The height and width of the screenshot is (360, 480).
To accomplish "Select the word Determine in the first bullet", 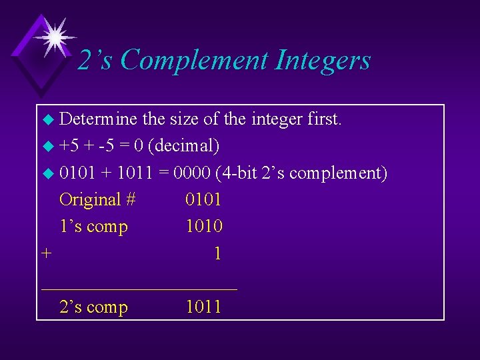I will [99, 119].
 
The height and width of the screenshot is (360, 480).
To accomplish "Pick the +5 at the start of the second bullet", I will [69, 146].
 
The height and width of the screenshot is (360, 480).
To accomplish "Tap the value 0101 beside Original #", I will [203, 199].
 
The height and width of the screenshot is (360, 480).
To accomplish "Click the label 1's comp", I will [93, 227].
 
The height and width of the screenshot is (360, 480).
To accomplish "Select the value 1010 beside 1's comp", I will [203, 227].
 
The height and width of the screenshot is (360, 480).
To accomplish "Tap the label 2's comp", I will [93, 307].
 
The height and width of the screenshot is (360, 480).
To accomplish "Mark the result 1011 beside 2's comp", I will [203, 307].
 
